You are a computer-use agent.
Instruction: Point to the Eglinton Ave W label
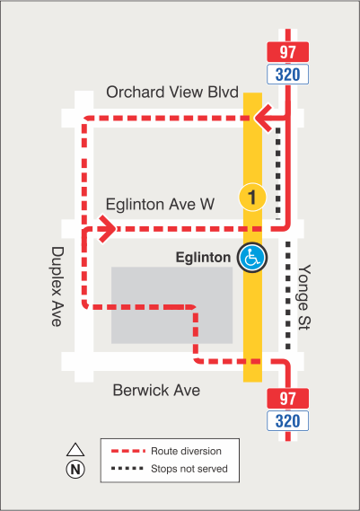click(160, 205)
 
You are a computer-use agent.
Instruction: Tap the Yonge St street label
click(307, 297)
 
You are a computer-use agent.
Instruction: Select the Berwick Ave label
click(156, 391)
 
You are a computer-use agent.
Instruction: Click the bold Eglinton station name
click(203, 258)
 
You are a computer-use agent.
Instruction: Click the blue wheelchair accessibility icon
click(252, 258)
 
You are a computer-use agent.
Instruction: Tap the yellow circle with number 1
click(252, 196)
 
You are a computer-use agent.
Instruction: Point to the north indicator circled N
click(75, 469)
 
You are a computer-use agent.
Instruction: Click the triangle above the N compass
click(75, 449)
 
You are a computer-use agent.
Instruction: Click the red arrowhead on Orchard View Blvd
click(261, 117)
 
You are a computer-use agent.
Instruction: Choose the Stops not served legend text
click(190, 469)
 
